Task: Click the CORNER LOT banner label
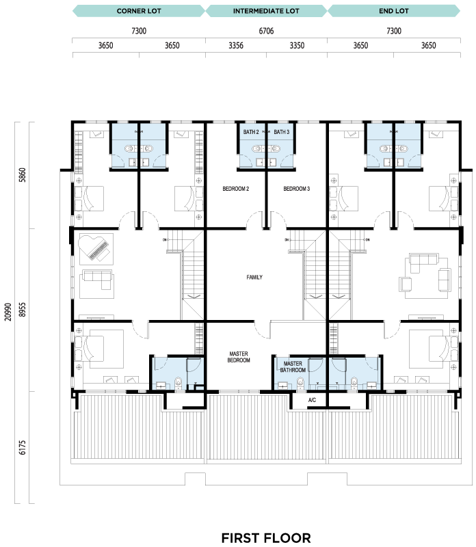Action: tap(139, 11)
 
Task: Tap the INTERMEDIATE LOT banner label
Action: tap(266, 11)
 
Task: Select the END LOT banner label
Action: tap(394, 11)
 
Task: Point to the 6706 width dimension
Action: tap(266, 31)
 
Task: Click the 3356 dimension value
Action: tap(236, 46)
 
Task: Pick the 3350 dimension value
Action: tap(297, 46)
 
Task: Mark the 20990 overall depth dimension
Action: tap(8, 312)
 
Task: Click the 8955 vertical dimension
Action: tap(23, 310)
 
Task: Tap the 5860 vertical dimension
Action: tap(23, 175)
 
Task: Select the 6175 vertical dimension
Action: tap(23, 448)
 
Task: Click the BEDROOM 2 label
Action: tap(236, 189)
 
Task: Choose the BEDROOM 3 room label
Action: tap(297, 189)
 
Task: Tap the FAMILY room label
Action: tap(254, 278)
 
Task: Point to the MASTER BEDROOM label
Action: tap(239, 357)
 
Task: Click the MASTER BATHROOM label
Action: tap(293, 366)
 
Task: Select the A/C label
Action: tap(312, 400)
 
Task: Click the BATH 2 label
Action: tap(251, 132)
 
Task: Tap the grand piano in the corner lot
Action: tap(94, 248)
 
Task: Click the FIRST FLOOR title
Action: tap(266, 538)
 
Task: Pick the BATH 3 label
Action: tap(282, 132)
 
